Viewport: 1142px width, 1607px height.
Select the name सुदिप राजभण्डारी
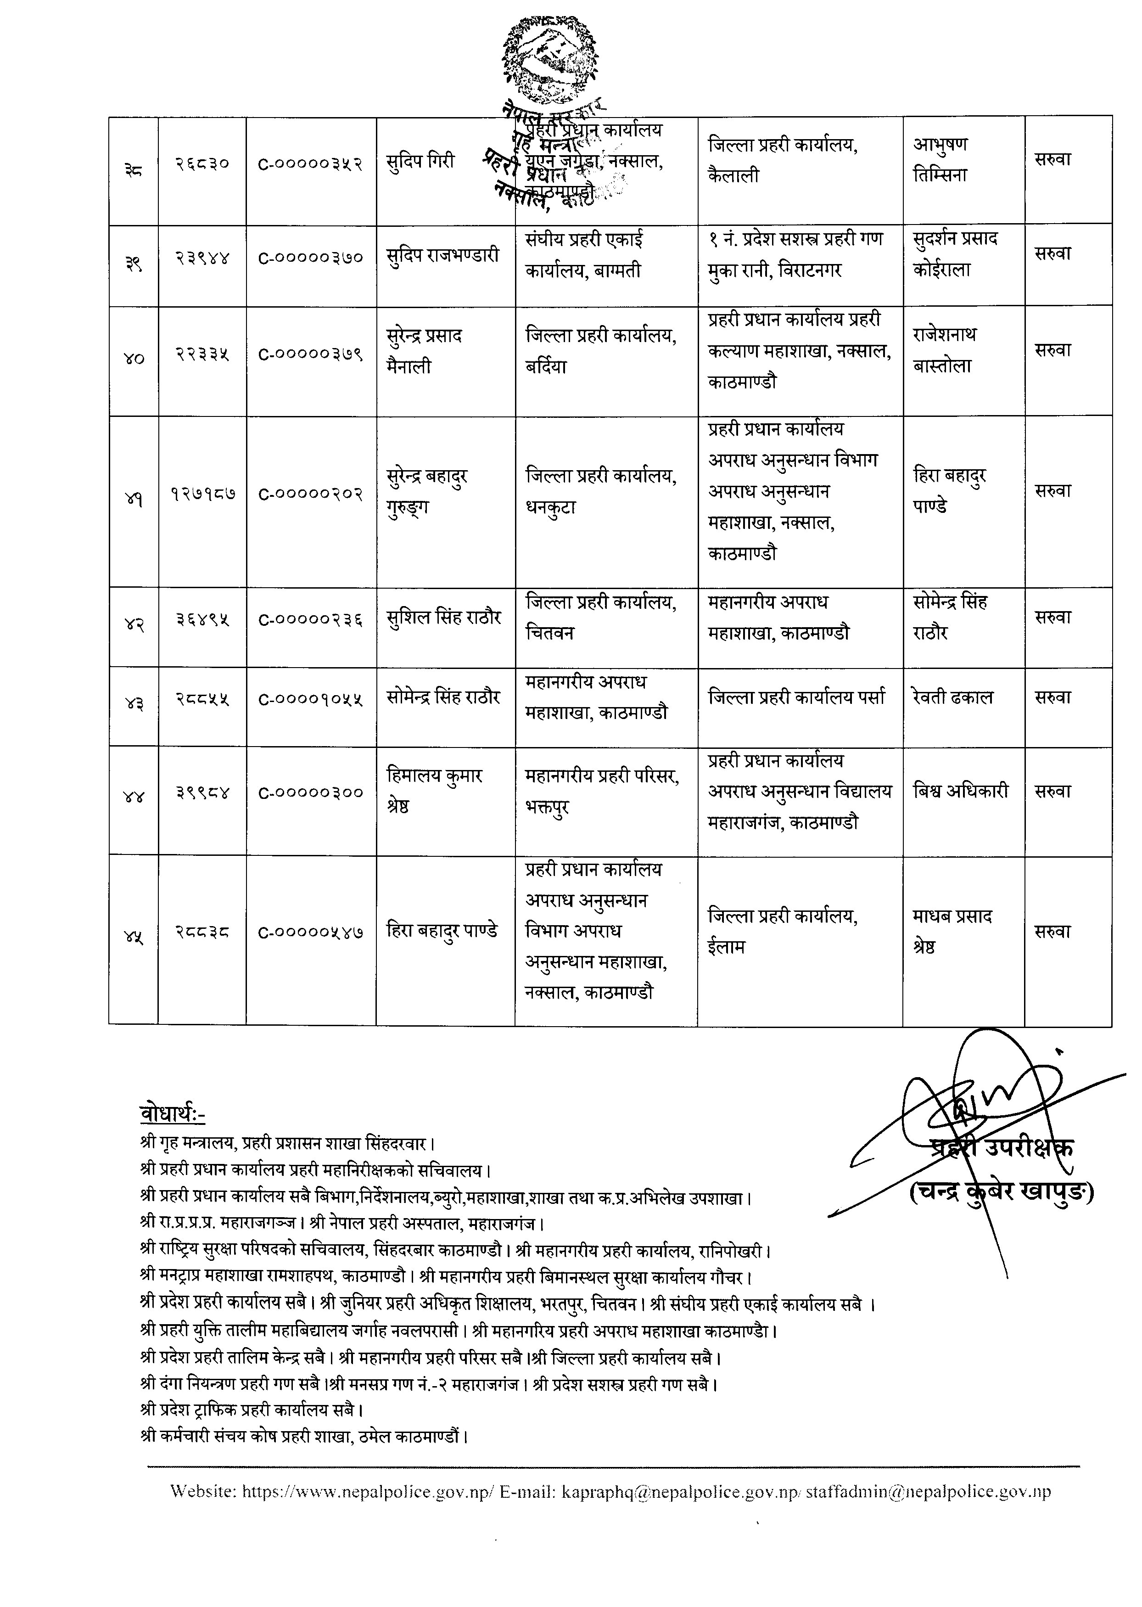coord(443,255)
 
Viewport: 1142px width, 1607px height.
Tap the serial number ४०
coord(134,359)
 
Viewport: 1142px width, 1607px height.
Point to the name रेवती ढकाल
coord(953,697)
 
